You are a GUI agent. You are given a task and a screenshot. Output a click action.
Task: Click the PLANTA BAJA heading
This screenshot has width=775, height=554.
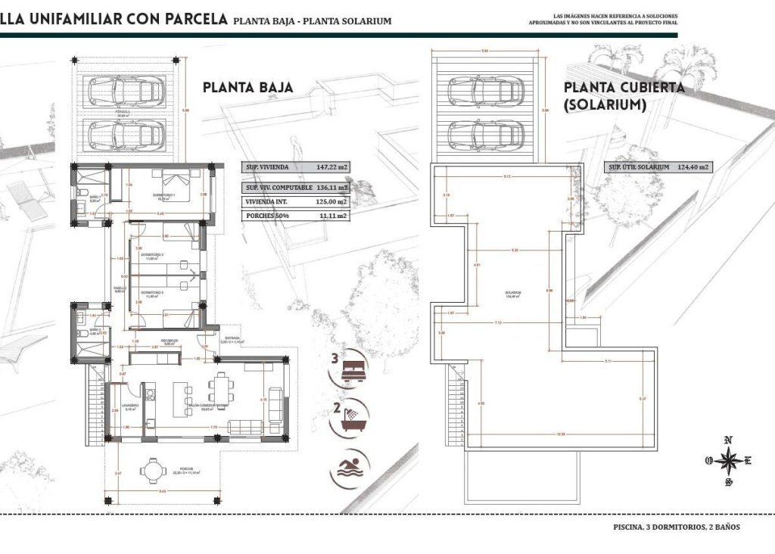[247, 88]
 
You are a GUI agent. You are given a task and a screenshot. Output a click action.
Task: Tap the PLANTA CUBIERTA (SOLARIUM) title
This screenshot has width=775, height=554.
[624, 96]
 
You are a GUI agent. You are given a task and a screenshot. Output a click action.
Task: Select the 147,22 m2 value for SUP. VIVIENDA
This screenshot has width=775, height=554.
[331, 168]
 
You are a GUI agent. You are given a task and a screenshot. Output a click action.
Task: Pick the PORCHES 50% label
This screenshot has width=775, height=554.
[264, 216]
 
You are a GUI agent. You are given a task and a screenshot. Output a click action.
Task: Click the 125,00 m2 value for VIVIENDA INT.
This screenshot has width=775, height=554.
[331, 201]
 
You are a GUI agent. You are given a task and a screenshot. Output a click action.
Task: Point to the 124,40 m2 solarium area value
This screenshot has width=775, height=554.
[693, 167]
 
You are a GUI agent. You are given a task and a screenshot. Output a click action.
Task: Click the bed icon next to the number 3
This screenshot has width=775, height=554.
[353, 371]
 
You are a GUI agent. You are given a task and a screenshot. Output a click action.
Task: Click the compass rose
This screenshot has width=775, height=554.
[728, 459]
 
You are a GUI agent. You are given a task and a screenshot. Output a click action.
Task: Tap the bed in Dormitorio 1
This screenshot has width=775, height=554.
[179, 181]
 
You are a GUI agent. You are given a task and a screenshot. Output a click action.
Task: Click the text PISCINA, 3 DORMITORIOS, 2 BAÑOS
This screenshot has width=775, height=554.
[676, 527]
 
